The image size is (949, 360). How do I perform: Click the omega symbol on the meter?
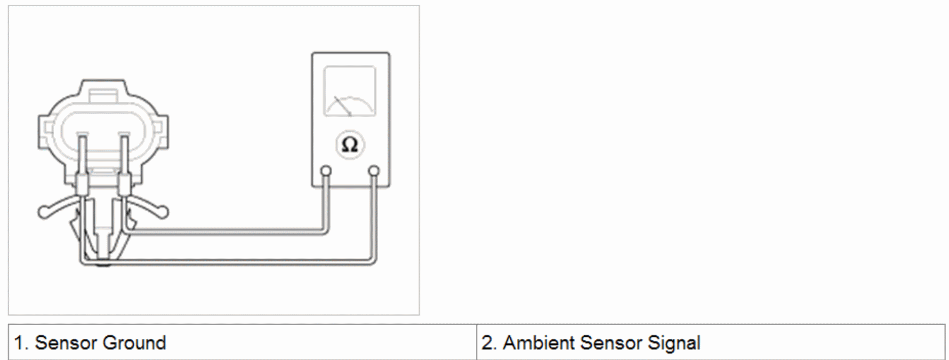[x=349, y=145]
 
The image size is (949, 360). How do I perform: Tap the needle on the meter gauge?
[x=343, y=106]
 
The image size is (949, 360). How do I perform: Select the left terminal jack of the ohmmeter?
[x=325, y=171]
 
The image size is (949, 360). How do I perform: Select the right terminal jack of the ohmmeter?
[x=374, y=171]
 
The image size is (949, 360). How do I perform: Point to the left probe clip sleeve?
[x=83, y=185]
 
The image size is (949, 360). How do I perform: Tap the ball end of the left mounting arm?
[x=43, y=213]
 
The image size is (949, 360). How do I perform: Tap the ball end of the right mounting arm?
[x=163, y=213]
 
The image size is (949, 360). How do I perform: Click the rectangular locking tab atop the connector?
[x=103, y=97]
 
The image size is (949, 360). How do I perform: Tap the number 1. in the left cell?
[x=21, y=343]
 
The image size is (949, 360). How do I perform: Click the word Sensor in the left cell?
[x=66, y=343]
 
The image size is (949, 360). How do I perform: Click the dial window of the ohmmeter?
[x=350, y=91]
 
